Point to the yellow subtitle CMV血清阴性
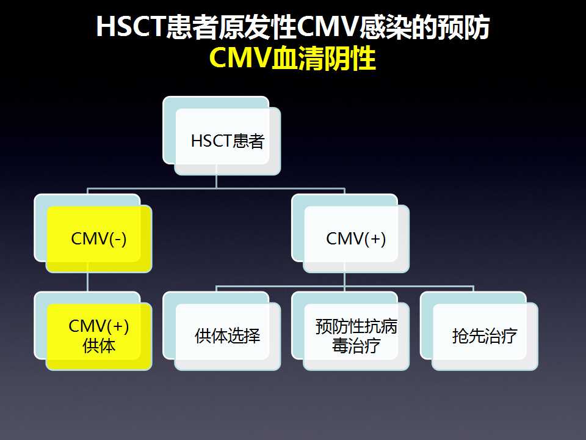pyautogui.click(x=292, y=58)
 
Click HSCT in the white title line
pyautogui.click(x=131, y=26)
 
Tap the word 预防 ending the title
pyautogui.click(x=464, y=27)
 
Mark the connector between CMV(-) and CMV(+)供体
pyautogui.click(x=87, y=282)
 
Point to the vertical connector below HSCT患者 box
pyautogui.click(x=216, y=182)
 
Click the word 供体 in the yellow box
pyautogui.click(x=99, y=346)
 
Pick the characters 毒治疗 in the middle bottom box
pyautogui.click(x=356, y=346)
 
